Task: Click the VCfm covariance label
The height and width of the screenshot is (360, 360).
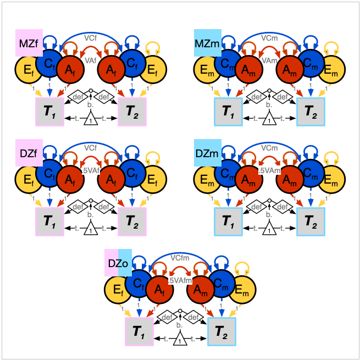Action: pyautogui.click(x=180, y=257)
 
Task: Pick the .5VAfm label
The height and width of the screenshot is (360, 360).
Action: pyautogui.click(x=180, y=280)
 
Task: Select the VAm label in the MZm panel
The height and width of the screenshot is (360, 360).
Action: pyautogui.click(x=269, y=60)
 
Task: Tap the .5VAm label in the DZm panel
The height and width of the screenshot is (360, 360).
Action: pyautogui.click(x=269, y=171)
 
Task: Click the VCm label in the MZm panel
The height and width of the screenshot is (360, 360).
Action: pyautogui.click(x=269, y=38)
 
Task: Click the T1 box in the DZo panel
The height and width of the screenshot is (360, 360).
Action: pyautogui.click(x=140, y=332)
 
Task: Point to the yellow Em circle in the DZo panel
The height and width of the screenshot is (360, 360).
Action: pyautogui.click(x=241, y=290)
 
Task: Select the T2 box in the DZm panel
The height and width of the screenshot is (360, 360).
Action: pyautogui.click(x=311, y=221)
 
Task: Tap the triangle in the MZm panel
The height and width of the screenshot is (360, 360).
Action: pyautogui.click(x=269, y=119)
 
